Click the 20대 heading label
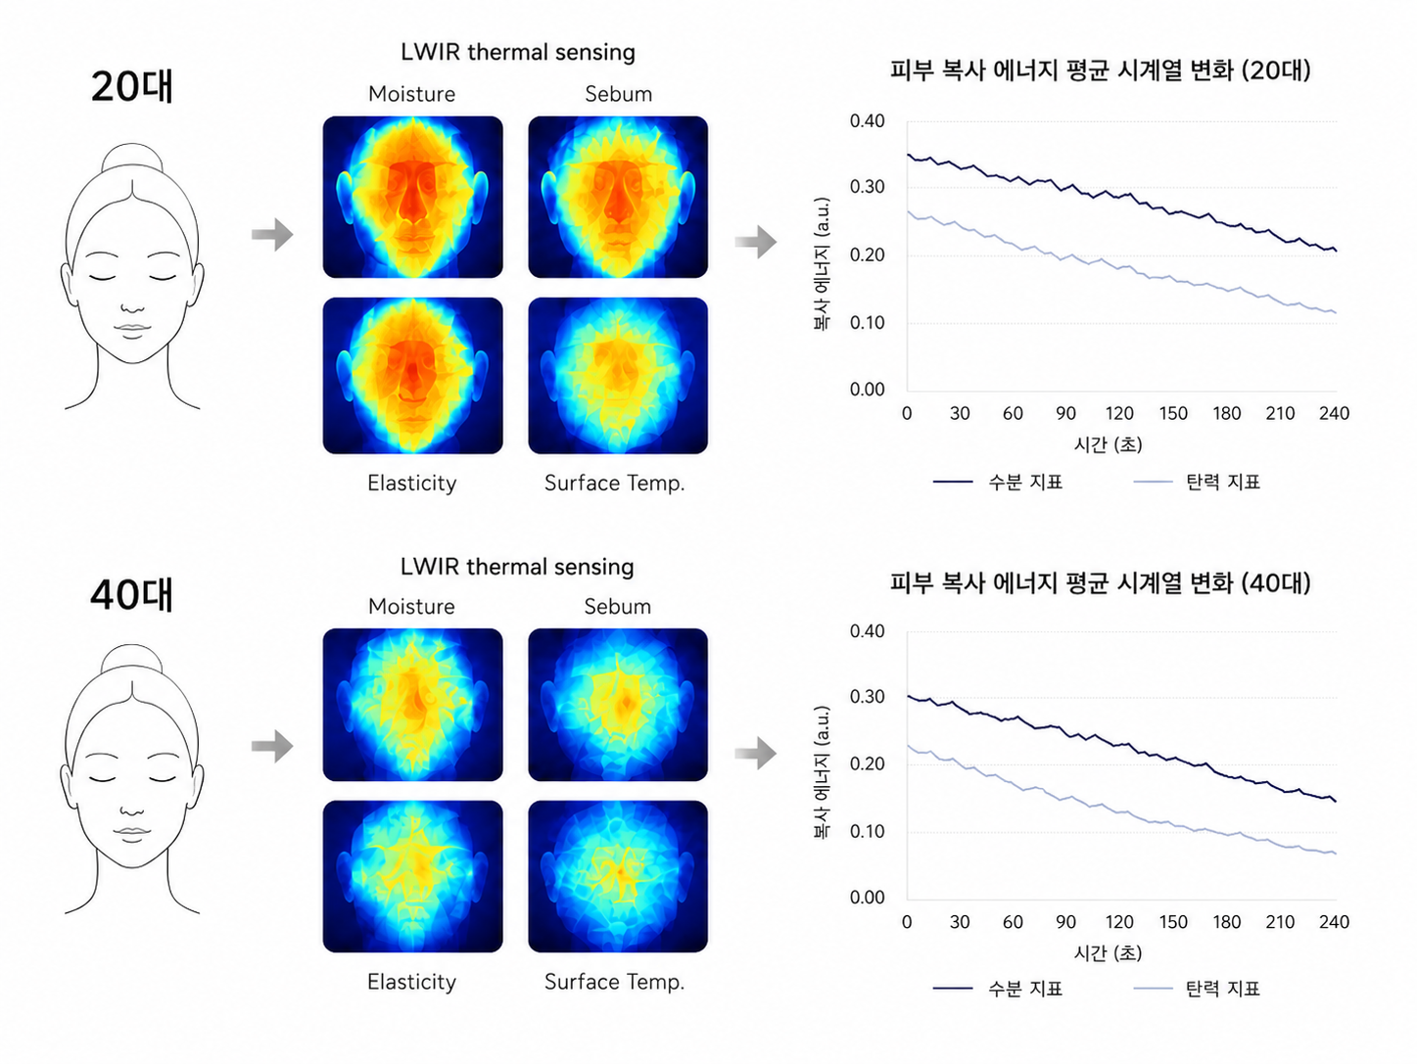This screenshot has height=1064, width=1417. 131,86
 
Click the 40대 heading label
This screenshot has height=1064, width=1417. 131,594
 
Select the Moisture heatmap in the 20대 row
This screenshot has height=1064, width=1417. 412,197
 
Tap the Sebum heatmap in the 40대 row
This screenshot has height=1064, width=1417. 618,705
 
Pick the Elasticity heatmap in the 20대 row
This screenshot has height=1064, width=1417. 412,376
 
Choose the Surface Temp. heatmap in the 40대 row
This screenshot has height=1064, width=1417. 618,876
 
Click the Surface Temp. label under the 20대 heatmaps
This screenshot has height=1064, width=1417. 615,483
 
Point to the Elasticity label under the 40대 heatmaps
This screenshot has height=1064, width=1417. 412,982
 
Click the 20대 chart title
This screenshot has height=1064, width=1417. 1100,69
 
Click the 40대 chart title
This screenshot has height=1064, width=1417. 1100,582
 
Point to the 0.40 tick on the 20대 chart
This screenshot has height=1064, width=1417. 867,120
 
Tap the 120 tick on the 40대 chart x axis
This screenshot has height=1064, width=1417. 1118,921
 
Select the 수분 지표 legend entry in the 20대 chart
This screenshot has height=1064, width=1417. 998,482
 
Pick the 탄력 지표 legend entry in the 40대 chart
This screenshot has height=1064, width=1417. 1197,988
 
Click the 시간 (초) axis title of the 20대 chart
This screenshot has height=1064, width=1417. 1108,444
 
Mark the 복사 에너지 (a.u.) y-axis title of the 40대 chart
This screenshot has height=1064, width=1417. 822,771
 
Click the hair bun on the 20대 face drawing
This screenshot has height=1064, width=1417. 132,157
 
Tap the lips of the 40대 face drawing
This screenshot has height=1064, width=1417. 131,832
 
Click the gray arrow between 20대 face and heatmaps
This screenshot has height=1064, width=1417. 272,234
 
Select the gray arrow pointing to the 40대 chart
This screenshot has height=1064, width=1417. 755,753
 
